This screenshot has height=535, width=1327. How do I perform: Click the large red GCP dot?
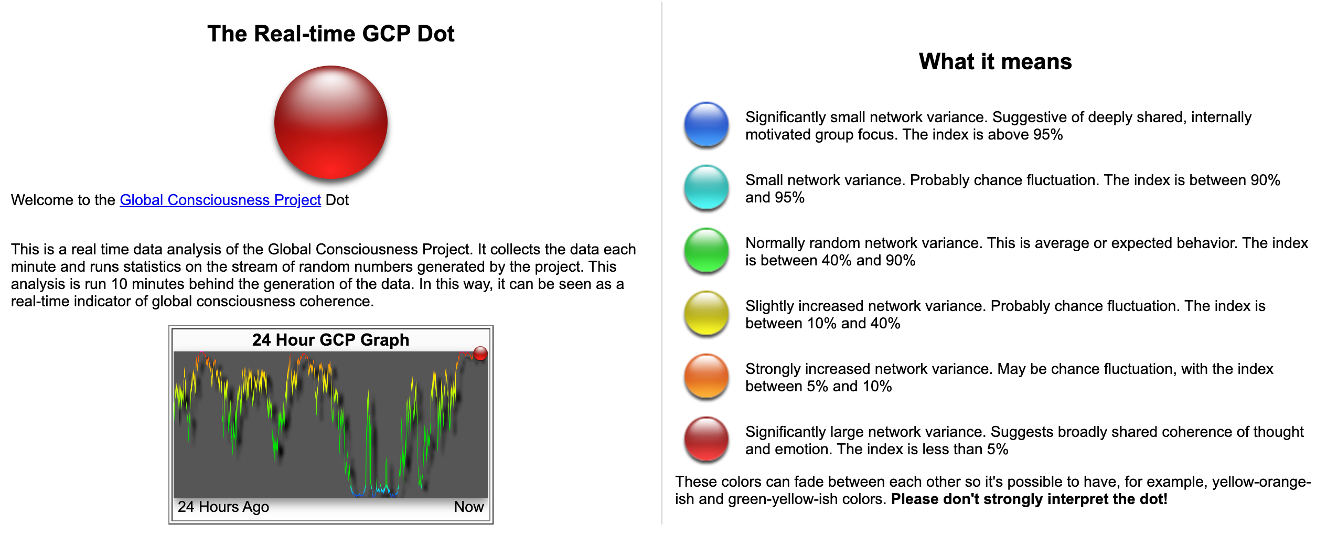coord(330,122)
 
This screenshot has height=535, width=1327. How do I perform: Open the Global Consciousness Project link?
coord(220,200)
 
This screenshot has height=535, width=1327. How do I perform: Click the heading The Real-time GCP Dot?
coord(330,34)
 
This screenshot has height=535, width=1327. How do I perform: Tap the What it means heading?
coord(995,61)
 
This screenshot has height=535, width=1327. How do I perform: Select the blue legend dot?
coord(707,124)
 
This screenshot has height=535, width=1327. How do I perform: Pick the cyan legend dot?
coord(707,187)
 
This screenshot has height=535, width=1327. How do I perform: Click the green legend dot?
coord(707,250)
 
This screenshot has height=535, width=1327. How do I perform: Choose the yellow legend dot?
coord(707,313)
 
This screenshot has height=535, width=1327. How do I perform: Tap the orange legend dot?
coord(707,376)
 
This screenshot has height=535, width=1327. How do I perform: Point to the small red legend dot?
coord(707,439)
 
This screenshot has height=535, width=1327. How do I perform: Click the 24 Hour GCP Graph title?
coord(330,340)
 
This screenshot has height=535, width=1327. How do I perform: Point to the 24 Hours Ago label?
coord(223,507)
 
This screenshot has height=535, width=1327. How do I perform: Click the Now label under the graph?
coord(469,507)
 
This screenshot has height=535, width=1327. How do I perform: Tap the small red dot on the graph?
coord(480,354)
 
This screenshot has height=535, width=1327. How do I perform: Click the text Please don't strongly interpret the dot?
coord(1029,499)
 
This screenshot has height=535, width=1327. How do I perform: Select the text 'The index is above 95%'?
coord(983,135)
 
